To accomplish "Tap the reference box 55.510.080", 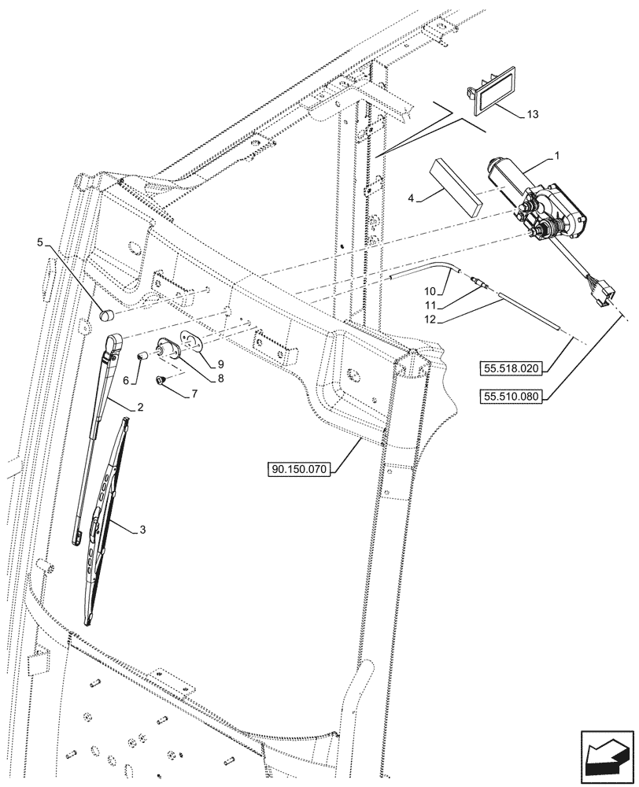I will click(512, 397).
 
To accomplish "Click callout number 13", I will click(533, 115).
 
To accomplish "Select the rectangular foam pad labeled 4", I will click(456, 187).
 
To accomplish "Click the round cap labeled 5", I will click(107, 316).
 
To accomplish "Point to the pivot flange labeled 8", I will click(168, 349).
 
